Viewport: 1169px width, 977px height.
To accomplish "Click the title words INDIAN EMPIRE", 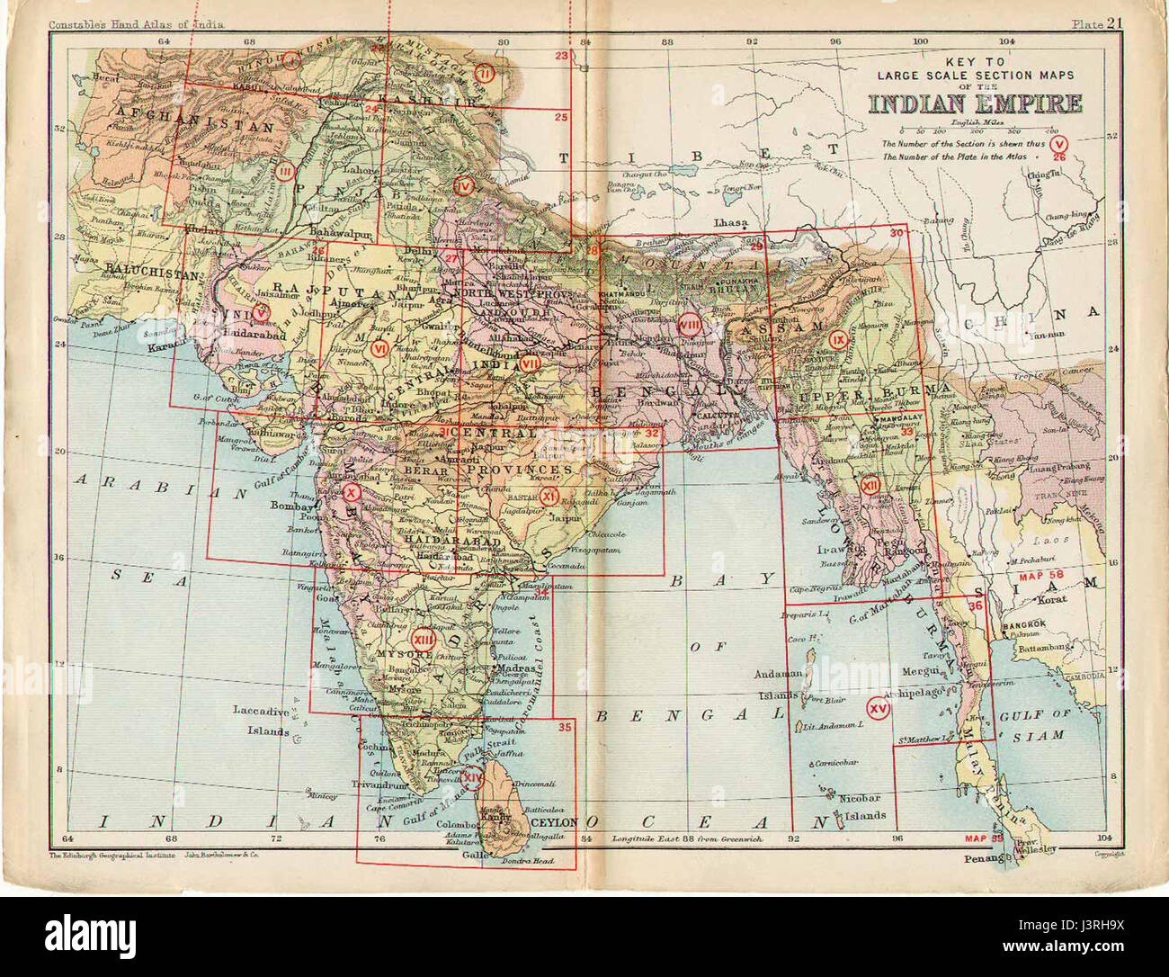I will [x=975, y=103].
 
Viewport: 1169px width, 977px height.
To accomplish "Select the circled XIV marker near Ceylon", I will [x=472, y=774].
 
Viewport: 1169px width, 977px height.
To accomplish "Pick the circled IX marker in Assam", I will [x=839, y=339].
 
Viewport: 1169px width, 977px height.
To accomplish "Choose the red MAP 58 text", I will [x=1041, y=574].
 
